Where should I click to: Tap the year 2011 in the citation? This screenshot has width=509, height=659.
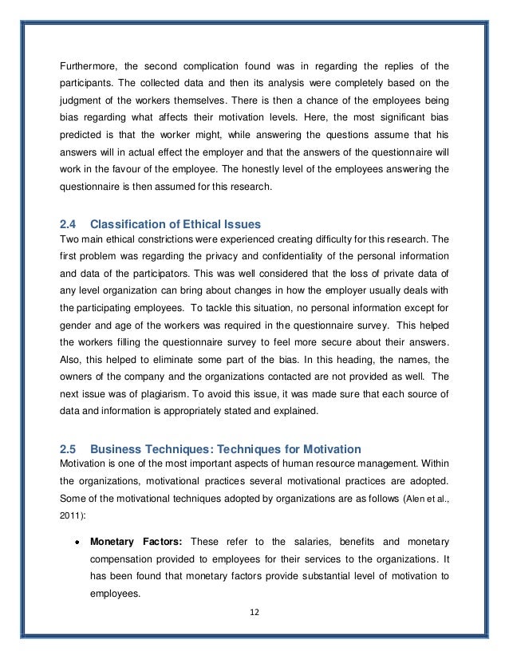pyautogui.click(x=73, y=515)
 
